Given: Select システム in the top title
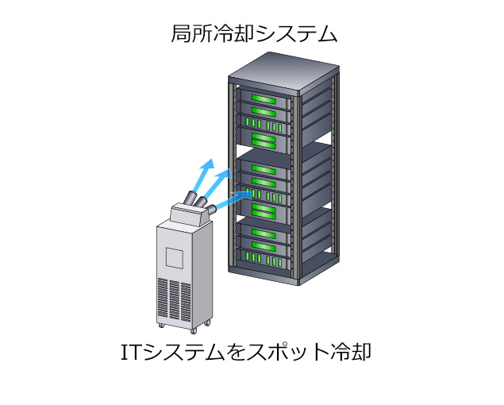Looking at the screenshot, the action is [x=297, y=34].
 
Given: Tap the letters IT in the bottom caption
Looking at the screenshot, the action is [x=131, y=352].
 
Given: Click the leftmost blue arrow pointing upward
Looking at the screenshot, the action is [x=203, y=175].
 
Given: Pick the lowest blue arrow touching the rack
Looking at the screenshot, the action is [x=233, y=199].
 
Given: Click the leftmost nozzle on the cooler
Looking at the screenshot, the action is [x=190, y=198].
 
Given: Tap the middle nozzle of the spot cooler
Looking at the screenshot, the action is [x=201, y=202].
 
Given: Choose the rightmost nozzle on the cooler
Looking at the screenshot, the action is [x=211, y=210].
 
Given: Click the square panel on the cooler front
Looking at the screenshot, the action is [x=175, y=257].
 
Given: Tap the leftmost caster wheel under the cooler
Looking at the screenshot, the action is [x=161, y=326].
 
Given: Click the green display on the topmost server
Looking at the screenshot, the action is [x=264, y=98].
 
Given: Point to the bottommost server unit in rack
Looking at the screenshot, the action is [x=264, y=257].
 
